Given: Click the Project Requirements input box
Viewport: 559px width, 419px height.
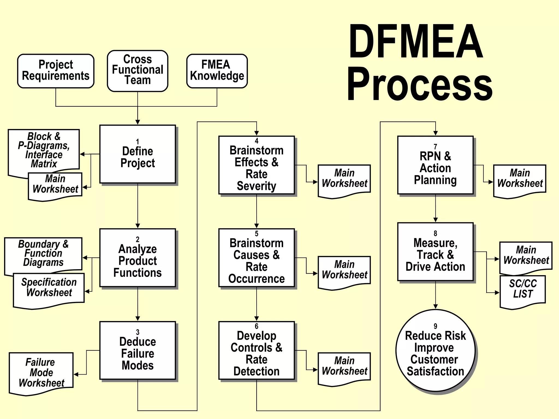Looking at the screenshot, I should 56,71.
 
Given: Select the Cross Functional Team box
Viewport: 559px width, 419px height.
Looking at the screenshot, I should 138,70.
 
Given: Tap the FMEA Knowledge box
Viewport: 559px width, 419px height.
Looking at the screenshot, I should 217,71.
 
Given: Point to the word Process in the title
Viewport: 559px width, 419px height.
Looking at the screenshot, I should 420,84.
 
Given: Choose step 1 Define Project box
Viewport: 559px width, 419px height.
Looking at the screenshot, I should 138,154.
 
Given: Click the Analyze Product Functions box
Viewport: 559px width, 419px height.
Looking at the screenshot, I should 138,258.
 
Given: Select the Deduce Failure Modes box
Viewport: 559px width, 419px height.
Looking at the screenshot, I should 138,351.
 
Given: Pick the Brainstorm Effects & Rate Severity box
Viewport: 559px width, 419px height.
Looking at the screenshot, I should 257,165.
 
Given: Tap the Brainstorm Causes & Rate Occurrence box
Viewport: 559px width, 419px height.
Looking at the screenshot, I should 257,258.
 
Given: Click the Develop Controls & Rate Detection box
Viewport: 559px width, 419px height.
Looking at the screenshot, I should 257,351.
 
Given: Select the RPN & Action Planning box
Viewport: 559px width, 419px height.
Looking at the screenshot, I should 435,165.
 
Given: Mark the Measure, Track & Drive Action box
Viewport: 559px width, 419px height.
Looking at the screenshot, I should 435,252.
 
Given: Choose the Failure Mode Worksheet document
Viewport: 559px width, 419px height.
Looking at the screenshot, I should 41,373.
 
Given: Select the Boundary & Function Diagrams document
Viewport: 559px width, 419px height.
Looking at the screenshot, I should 43,253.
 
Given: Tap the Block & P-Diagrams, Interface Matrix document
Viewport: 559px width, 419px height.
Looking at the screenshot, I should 44,150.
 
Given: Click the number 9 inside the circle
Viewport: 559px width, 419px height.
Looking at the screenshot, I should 435,326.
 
